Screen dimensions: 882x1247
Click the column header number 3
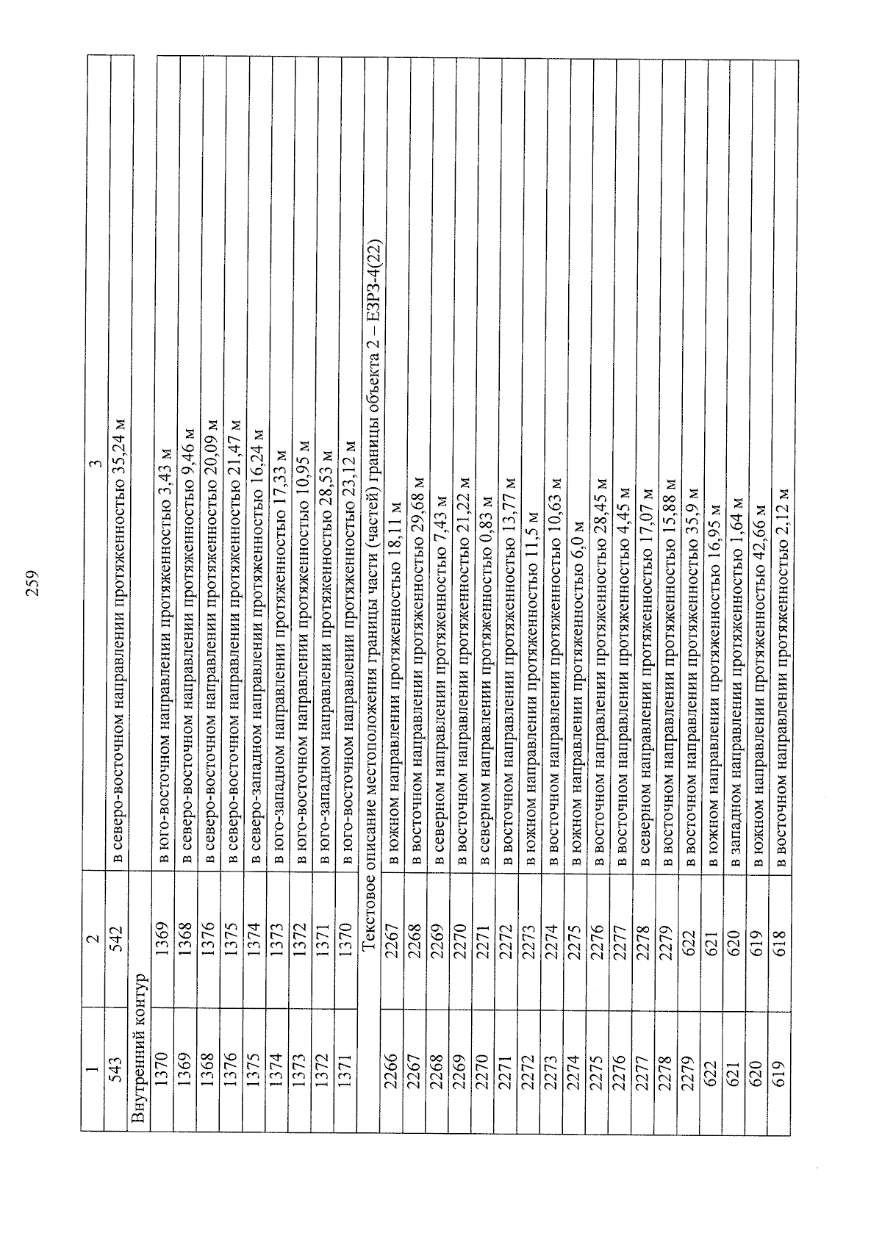(x=96, y=463)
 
